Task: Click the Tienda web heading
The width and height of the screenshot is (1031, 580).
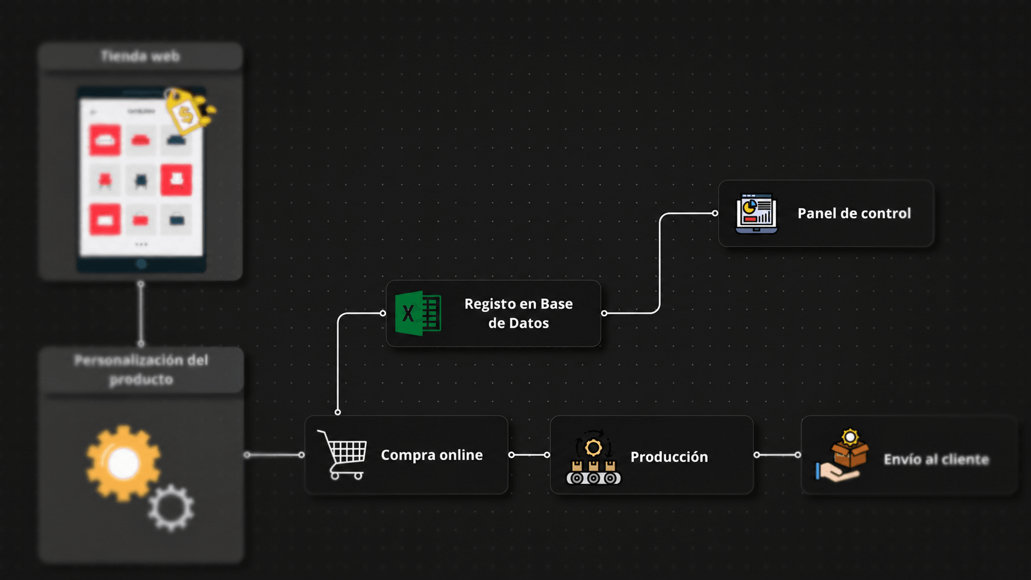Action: point(141,56)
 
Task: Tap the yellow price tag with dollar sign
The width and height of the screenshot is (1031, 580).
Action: point(189,110)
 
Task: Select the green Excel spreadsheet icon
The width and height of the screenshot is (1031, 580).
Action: point(418,313)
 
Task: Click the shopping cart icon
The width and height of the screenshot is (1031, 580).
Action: point(342,455)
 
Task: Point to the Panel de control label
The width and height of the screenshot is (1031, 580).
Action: point(854,213)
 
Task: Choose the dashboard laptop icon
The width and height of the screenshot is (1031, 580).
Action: point(756,213)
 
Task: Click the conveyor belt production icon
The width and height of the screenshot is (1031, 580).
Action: point(593,457)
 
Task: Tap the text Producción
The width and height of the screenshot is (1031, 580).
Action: point(669,457)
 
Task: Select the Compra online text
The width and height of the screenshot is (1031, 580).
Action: point(432,455)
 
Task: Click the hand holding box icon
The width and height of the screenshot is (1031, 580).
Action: point(842,455)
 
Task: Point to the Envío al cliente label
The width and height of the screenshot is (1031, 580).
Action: point(936,459)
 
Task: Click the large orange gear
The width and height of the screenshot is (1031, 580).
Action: point(123,463)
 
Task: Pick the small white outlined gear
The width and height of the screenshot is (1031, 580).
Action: point(171,508)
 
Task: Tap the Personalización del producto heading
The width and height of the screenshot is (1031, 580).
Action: point(141,369)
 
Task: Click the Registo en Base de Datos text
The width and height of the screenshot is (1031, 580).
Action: point(518,313)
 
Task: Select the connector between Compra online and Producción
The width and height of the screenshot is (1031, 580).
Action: point(529,455)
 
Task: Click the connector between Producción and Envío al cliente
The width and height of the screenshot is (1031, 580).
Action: point(778,455)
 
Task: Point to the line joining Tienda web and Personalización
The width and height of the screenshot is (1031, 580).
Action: point(141,314)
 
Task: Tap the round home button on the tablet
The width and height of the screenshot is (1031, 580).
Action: point(141,264)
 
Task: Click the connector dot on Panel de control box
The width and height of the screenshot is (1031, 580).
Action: point(715,213)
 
